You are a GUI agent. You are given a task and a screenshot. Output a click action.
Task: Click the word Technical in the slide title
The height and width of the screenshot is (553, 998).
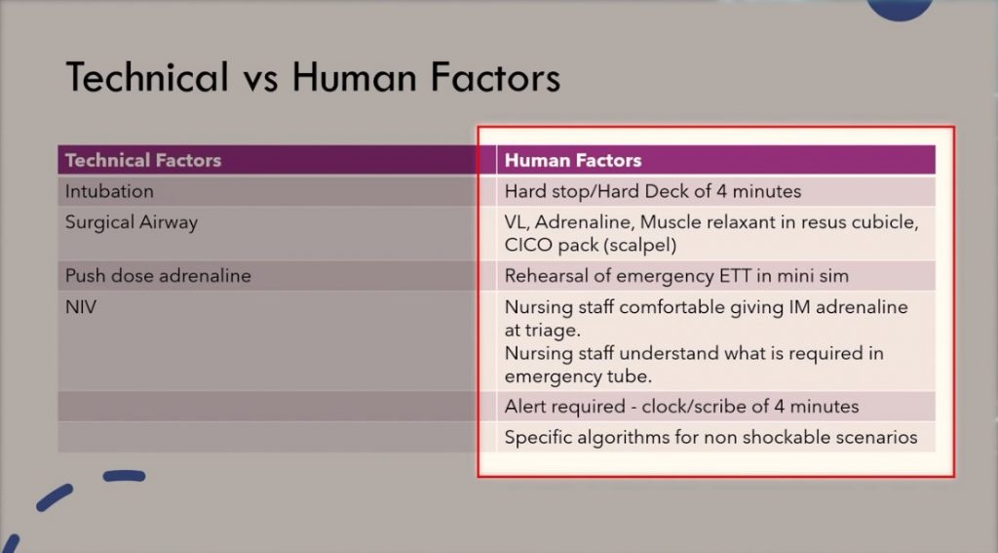point(147,77)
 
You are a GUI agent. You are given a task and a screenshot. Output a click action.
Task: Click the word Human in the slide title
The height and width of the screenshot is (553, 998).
point(355,77)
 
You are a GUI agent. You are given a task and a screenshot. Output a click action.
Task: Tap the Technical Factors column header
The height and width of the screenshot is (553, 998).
point(143,160)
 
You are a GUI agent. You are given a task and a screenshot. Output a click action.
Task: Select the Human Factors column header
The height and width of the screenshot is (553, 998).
point(573,160)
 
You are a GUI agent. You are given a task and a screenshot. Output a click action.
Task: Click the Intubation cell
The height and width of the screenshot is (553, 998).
point(109,191)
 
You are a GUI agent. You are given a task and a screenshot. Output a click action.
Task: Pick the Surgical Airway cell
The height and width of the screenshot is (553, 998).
point(132,222)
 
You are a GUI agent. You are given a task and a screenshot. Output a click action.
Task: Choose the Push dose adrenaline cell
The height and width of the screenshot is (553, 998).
point(158,276)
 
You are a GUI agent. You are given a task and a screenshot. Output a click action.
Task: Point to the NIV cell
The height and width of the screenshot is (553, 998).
point(81,307)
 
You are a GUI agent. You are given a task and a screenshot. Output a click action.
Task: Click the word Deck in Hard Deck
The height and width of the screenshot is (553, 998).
point(668,191)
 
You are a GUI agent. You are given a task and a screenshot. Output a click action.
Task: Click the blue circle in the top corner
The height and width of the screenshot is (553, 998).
point(900,9)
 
